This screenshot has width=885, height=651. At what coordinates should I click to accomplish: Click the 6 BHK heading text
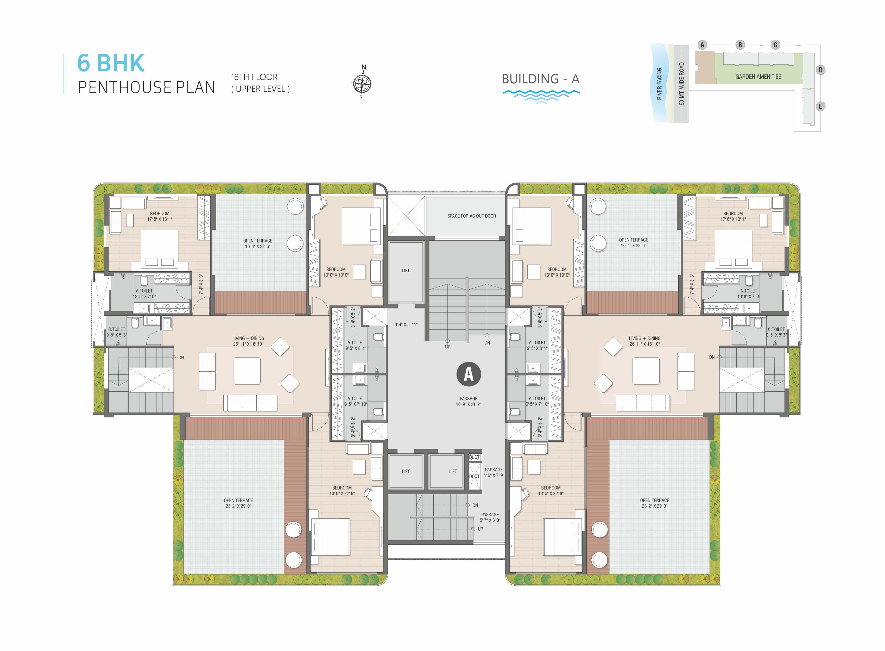[x=111, y=63]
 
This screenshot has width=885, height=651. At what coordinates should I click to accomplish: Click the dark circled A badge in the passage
[x=468, y=374]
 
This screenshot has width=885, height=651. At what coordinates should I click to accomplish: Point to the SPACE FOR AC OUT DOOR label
[x=471, y=216]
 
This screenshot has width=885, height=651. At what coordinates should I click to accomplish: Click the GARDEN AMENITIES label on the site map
[x=758, y=77]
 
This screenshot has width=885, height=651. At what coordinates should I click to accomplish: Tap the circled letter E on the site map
[x=820, y=107]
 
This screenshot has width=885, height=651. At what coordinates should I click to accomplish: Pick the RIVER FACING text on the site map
[x=659, y=84]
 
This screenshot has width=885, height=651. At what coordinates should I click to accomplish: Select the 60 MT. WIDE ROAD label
[x=681, y=84]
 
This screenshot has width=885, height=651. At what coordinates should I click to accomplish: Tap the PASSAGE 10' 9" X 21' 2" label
[x=468, y=402]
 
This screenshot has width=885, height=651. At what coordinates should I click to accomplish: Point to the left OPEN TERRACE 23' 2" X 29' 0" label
[x=238, y=503]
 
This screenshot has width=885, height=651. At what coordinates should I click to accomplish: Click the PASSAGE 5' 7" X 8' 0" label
[x=490, y=517]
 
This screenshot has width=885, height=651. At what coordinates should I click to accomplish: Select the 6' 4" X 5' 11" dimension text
[x=406, y=325]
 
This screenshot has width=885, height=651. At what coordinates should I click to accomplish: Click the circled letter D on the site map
[x=820, y=70]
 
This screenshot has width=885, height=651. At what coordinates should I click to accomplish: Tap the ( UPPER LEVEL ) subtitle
[x=260, y=89]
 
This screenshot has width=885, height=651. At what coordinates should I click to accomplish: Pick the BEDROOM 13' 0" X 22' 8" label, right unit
[x=551, y=491]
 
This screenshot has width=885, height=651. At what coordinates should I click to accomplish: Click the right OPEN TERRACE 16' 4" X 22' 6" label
[x=633, y=243]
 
